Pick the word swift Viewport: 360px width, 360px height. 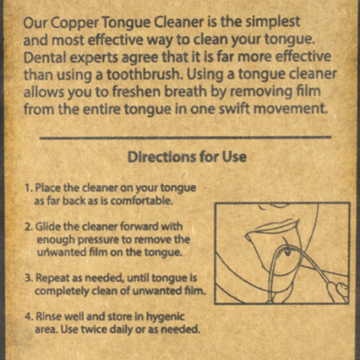click(x=234, y=109)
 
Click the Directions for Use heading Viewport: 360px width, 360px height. click(x=187, y=157)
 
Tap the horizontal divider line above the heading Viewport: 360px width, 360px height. click(x=185, y=137)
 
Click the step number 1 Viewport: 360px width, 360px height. click(x=28, y=188)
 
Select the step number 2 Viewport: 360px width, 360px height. click(x=28, y=227)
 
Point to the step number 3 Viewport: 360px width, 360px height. click(x=29, y=278)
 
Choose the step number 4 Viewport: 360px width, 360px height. click(x=29, y=317)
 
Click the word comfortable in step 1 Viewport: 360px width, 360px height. click(x=142, y=201)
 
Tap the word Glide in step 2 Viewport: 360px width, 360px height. click(x=49, y=227)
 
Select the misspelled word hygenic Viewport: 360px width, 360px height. click(x=166, y=317)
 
